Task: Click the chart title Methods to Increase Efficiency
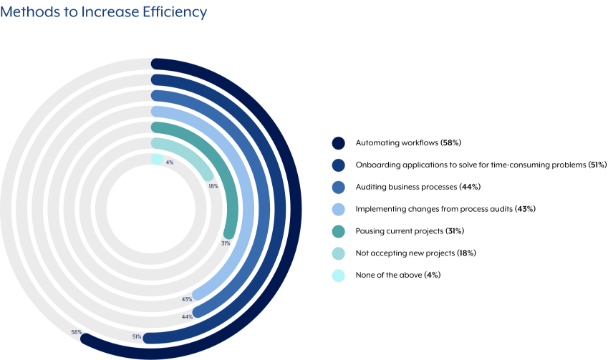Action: click(104, 12)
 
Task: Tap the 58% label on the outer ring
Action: click(76, 333)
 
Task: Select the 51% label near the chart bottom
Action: click(136, 337)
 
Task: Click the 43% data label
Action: click(187, 299)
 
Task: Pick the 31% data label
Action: click(226, 243)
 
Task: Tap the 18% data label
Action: click(213, 186)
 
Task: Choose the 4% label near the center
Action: click(170, 162)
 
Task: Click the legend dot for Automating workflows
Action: click(339, 143)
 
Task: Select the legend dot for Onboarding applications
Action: click(339, 165)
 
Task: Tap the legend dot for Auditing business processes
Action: click(339, 187)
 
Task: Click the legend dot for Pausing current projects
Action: click(339, 231)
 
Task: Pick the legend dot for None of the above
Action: click(339, 275)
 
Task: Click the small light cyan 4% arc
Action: click(157, 160)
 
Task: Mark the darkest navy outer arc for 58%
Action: click(300, 208)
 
